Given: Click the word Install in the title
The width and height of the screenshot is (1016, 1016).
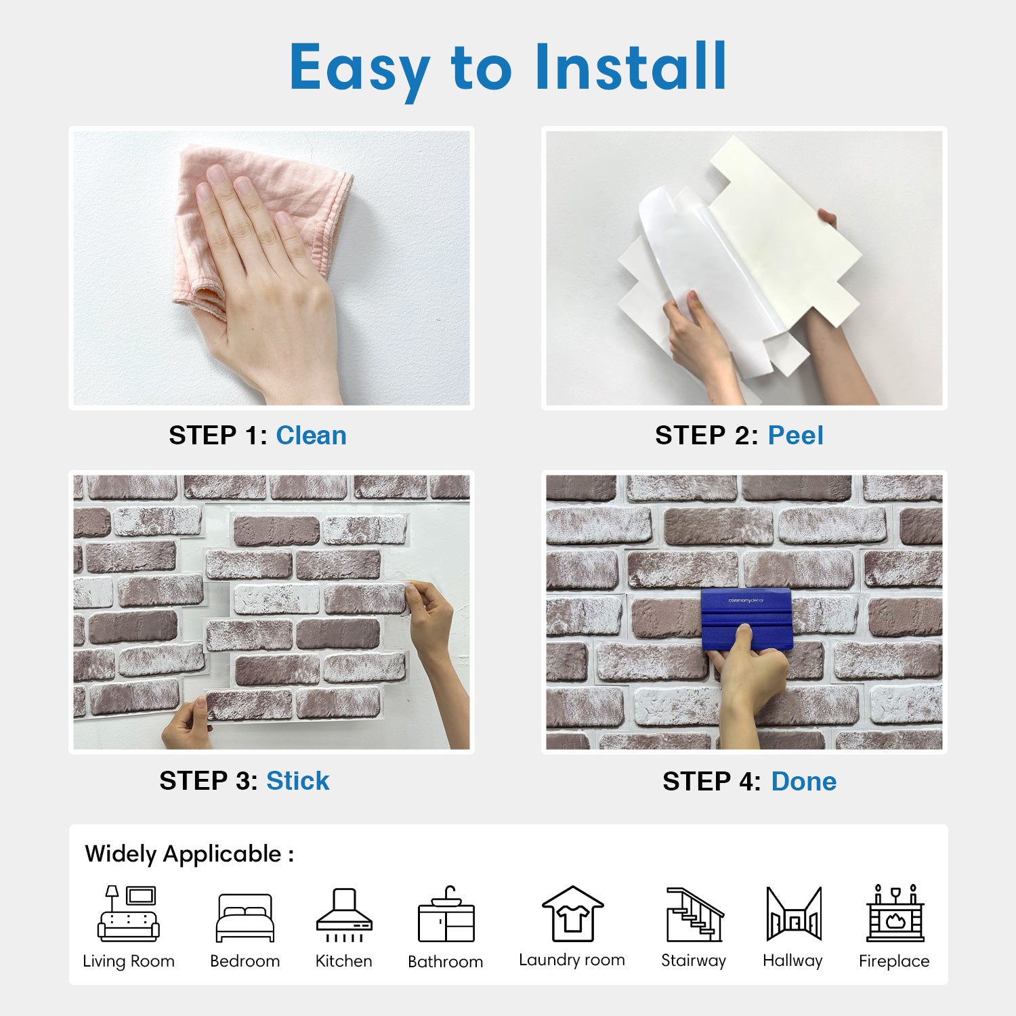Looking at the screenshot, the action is click(x=631, y=66).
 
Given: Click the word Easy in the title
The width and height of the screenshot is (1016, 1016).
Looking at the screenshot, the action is click(x=360, y=70).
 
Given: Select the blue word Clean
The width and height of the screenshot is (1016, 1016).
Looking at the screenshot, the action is click(x=311, y=436).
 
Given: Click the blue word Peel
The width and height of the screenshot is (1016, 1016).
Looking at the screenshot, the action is click(x=795, y=436).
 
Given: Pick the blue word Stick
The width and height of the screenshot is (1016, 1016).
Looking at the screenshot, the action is click(x=297, y=781).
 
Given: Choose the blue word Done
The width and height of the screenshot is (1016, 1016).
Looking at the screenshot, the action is click(x=804, y=782).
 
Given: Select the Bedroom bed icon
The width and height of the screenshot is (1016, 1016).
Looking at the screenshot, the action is click(x=245, y=918).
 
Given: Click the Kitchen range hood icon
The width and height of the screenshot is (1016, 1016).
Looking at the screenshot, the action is click(x=344, y=914).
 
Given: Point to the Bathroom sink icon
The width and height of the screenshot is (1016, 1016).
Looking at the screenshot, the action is click(x=446, y=914).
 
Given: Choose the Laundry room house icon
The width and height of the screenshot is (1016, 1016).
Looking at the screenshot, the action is click(x=572, y=913).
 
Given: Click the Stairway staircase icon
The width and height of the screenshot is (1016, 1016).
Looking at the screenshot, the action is click(x=695, y=914).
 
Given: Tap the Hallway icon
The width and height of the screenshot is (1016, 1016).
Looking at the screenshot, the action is click(x=794, y=914).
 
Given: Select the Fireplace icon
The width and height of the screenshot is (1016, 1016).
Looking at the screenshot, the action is click(x=895, y=913).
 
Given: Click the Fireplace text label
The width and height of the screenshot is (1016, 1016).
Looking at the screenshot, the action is click(x=894, y=961).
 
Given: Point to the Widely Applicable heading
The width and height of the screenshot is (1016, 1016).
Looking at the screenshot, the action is click(x=189, y=854).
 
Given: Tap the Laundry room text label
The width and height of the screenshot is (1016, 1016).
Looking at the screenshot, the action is click(x=572, y=960).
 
